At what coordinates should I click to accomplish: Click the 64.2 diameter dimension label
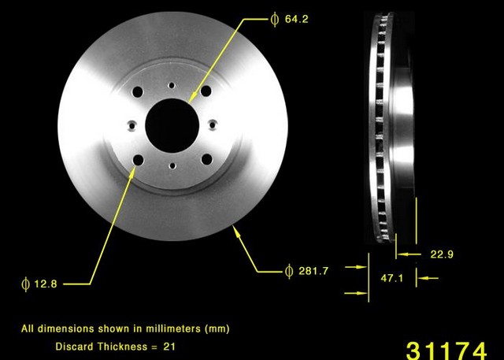tap(296, 19)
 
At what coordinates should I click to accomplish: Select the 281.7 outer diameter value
tap(313, 271)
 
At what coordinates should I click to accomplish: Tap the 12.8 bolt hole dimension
tap(46, 284)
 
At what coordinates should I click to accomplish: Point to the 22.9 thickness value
tap(442, 254)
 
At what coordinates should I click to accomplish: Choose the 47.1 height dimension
tap(392, 278)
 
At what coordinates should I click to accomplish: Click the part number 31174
tap(447, 351)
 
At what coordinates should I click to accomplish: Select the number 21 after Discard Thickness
tap(169, 347)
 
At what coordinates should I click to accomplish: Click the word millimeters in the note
tap(173, 328)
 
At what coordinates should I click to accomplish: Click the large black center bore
tap(172, 125)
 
